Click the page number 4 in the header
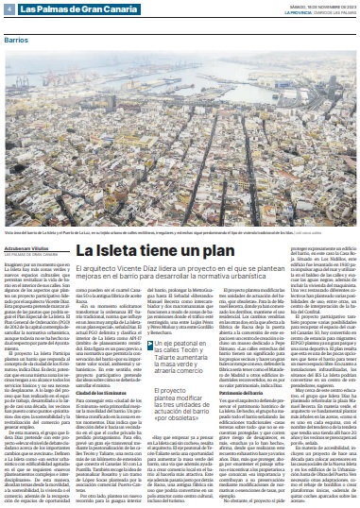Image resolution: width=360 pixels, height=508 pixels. [x=9, y=8]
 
